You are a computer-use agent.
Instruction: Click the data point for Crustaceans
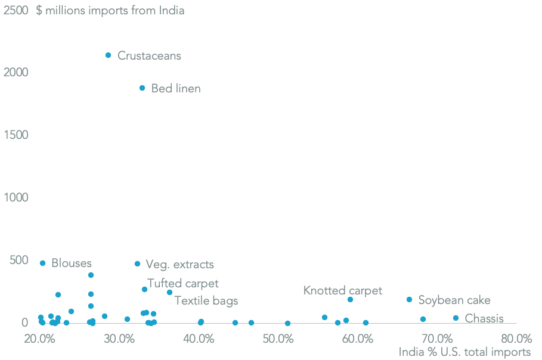click(108, 55)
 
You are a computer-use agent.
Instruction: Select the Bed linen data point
click(142, 88)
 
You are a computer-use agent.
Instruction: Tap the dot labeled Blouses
click(42, 263)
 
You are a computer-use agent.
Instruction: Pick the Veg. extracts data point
click(137, 264)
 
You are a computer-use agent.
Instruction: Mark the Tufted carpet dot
click(144, 290)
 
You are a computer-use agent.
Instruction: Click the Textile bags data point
click(169, 293)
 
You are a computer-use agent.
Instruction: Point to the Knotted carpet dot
click(350, 300)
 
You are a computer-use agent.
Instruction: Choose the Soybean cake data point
click(409, 300)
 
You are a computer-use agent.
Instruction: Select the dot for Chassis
click(456, 318)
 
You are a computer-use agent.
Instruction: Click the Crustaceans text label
click(149, 56)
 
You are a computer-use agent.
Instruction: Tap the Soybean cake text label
click(454, 300)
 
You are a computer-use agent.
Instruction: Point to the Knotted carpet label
click(342, 291)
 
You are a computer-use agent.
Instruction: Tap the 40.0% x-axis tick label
click(199, 339)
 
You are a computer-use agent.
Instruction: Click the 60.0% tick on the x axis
click(358, 339)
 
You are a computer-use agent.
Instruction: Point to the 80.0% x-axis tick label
click(516, 339)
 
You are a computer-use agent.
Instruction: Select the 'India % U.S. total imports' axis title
click(464, 352)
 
